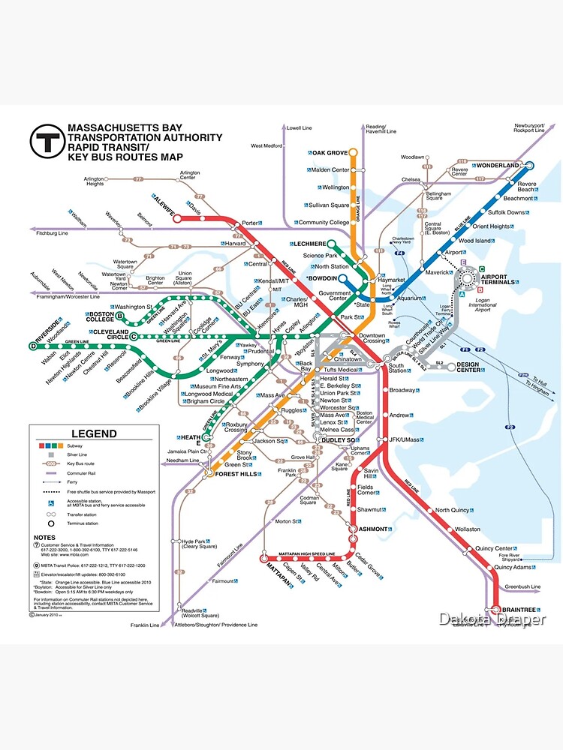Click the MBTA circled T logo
[46, 141]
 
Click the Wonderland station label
[497, 165]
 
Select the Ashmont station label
[372, 529]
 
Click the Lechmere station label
[310, 244]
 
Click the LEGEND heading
[94, 433]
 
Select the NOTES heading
[44, 538]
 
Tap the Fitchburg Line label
[53, 234]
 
